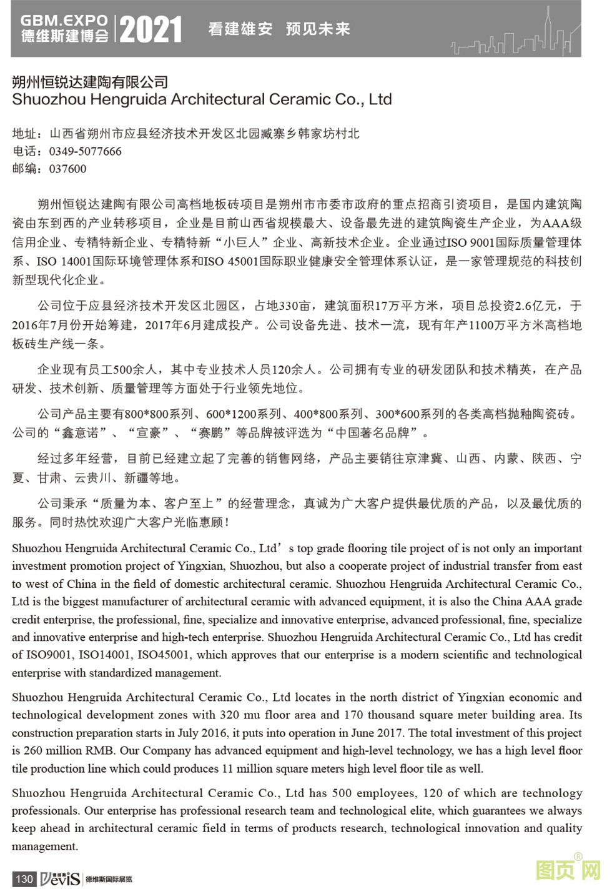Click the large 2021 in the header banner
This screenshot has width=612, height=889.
[x=151, y=29]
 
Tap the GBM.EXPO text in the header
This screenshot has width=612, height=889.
[x=64, y=21]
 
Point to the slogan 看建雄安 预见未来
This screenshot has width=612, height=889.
[x=279, y=29]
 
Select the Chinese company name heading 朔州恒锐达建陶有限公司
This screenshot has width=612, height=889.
[x=91, y=82]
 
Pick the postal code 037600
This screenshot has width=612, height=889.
[x=67, y=169]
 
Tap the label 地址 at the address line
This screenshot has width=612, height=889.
[x=24, y=134]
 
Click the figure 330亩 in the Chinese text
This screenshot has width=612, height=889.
[x=294, y=305]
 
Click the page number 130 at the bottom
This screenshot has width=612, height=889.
[x=24, y=879]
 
